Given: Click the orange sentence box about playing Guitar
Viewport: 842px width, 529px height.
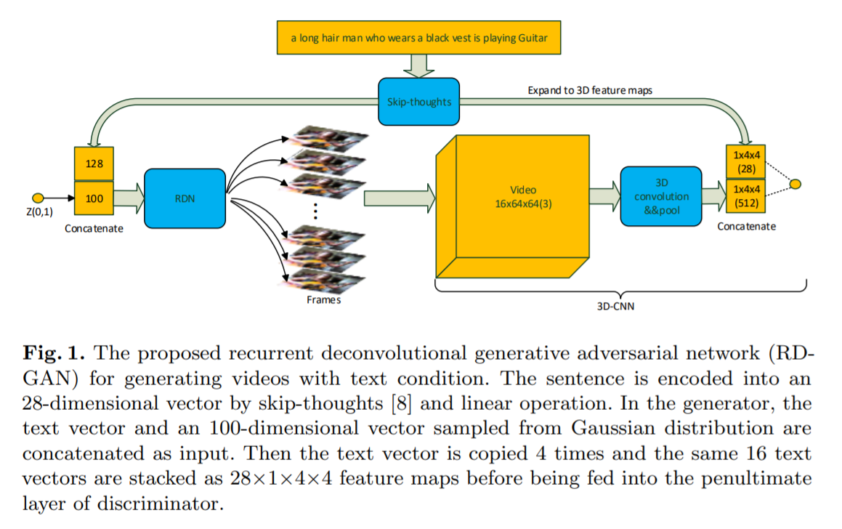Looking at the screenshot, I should coord(418,37).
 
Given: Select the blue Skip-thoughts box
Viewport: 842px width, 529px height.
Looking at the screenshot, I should coord(418,101).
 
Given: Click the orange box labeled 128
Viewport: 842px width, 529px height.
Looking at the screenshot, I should coord(94,164).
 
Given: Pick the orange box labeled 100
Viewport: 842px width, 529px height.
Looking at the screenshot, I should coord(94,198).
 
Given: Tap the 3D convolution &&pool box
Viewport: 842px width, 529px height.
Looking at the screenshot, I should coord(660,195).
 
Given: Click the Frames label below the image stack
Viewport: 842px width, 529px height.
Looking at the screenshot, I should coord(323,300).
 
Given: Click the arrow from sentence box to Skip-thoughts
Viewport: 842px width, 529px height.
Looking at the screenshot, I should coord(418,65).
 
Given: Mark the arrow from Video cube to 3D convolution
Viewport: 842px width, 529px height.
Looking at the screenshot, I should coord(602,195).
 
